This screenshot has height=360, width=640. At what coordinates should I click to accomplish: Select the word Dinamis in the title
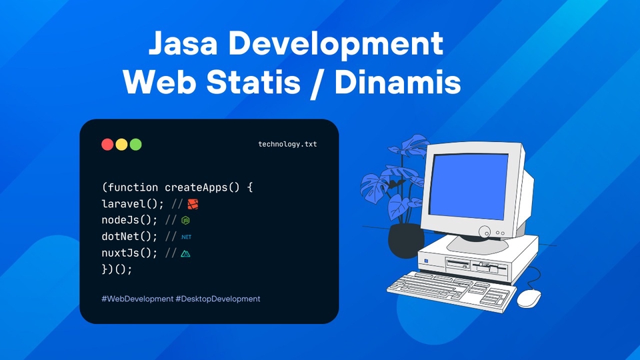398,83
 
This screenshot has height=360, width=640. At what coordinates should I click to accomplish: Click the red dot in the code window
107,144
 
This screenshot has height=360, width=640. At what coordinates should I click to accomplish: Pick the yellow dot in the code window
121,144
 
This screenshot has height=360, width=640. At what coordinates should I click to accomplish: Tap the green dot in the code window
135,144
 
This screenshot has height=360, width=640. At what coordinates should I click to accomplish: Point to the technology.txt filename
287,144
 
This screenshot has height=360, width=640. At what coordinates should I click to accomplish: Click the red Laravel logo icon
193,203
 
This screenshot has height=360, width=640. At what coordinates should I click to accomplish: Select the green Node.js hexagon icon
186,220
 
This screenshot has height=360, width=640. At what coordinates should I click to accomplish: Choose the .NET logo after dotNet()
186,237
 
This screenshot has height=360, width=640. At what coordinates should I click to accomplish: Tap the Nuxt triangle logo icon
186,253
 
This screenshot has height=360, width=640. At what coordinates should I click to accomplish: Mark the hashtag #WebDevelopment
137,299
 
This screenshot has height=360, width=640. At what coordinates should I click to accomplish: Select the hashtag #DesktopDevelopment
218,299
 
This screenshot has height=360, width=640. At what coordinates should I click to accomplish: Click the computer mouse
529,298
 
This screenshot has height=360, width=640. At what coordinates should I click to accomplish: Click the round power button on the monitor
483,233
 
